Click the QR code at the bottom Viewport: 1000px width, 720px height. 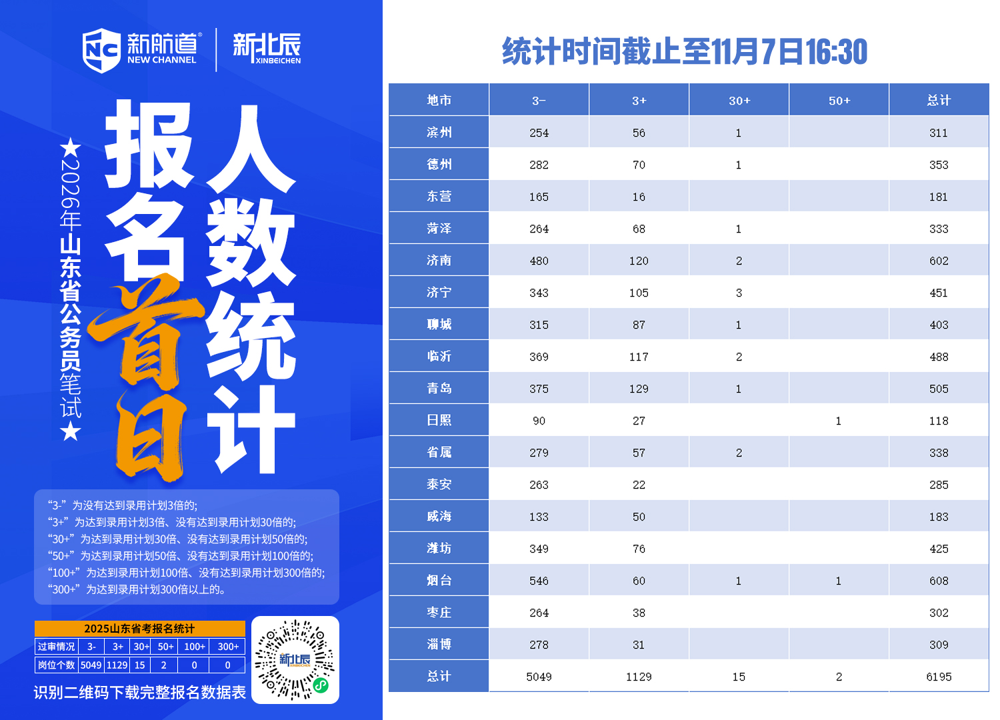(x=295, y=660)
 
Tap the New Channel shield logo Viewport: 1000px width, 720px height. (x=101, y=50)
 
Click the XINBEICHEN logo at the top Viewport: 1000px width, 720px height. (x=267, y=49)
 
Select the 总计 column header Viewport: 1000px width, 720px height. (x=939, y=101)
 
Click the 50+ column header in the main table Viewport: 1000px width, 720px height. (x=839, y=101)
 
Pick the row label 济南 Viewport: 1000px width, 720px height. (x=439, y=261)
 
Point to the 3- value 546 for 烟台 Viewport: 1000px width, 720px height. (x=539, y=581)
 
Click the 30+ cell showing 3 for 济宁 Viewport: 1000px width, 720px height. (x=739, y=293)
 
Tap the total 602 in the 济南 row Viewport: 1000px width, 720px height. (x=939, y=261)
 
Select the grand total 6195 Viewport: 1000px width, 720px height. (x=939, y=677)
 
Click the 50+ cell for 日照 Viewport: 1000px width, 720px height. (x=839, y=421)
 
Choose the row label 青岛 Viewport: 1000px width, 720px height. (x=439, y=389)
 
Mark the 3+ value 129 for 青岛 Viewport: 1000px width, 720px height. (x=639, y=389)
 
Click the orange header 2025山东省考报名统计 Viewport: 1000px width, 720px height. (x=139, y=629)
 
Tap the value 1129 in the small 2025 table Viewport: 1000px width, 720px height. (x=117, y=665)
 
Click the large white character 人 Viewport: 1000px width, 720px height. (x=251, y=150)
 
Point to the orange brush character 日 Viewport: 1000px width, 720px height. (x=150, y=437)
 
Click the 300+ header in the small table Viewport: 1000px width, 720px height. (x=228, y=647)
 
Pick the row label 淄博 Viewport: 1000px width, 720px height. (x=439, y=645)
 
